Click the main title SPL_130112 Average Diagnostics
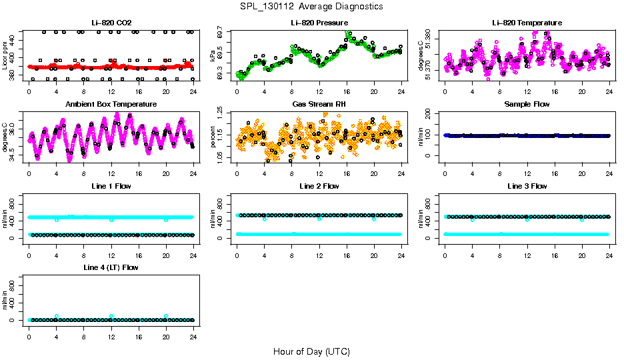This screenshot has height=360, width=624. tap(312, 6)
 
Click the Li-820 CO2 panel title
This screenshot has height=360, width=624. tap(111, 23)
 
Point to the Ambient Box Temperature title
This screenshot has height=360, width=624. tap(111, 105)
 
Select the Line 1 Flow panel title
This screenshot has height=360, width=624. tap(111, 186)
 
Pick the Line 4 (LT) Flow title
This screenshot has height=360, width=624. tap(111, 267)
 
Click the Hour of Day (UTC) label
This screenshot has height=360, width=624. tap(311, 351)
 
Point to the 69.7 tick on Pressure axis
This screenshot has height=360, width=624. tap(223, 32)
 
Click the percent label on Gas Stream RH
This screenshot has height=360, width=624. tap(213, 137)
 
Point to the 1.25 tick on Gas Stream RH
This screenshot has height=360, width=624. tap(223, 116)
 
